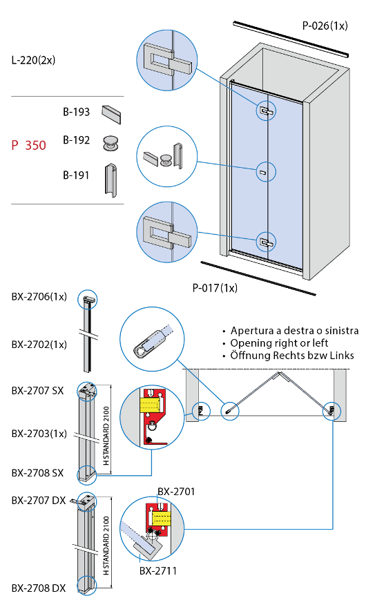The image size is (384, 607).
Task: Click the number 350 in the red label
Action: pyautogui.click(x=35, y=145)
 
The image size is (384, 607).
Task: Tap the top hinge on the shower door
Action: pyautogui.click(x=266, y=110)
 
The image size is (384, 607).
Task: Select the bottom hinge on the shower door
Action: pyautogui.click(x=266, y=242)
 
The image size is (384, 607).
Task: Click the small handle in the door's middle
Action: pyautogui.click(x=265, y=171)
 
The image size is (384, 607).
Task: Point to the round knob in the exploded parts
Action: pyautogui.click(x=110, y=144)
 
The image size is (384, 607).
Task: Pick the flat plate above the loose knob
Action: pyautogui.click(x=111, y=113)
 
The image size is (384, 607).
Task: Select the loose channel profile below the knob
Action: pyautogui.click(x=111, y=180)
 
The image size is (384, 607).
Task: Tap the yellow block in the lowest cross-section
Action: pyautogui.click(x=162, y=517)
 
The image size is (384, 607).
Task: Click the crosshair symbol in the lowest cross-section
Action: pyautogui.click(x=153, y=536)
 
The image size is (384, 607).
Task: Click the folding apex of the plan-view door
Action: pyautogui.click(x=280, y=374)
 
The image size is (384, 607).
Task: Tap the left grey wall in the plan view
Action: pyautogui.click(x=193, y=394)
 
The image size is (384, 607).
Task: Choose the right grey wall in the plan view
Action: pyautogui.click(x=340, y=394)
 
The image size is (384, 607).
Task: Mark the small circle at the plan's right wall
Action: pyautogui.click(x=332, y=412)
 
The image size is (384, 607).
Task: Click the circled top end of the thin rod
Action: pyautogui.click(x=87, y=299)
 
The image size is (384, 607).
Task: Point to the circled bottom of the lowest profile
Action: pyautogui.click(x=86, y=586)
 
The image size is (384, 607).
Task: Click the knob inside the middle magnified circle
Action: pyautogui.click(x=166, y=160)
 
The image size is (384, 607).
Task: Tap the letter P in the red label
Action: pyautogui.click(x=15, y=145)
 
